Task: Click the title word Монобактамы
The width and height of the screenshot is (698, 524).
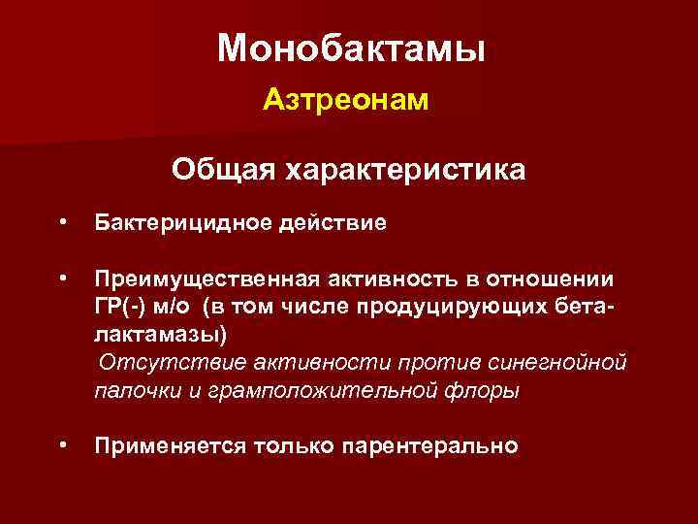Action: point(350,48)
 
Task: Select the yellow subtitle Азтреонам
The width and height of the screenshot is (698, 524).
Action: point(345,100)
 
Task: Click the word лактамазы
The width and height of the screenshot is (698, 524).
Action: point(160,335)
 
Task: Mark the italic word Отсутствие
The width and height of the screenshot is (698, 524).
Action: point(169,362)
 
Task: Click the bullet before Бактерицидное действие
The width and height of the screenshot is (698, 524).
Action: point(63,221)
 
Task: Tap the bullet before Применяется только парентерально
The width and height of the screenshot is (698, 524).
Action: point(63,443)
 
